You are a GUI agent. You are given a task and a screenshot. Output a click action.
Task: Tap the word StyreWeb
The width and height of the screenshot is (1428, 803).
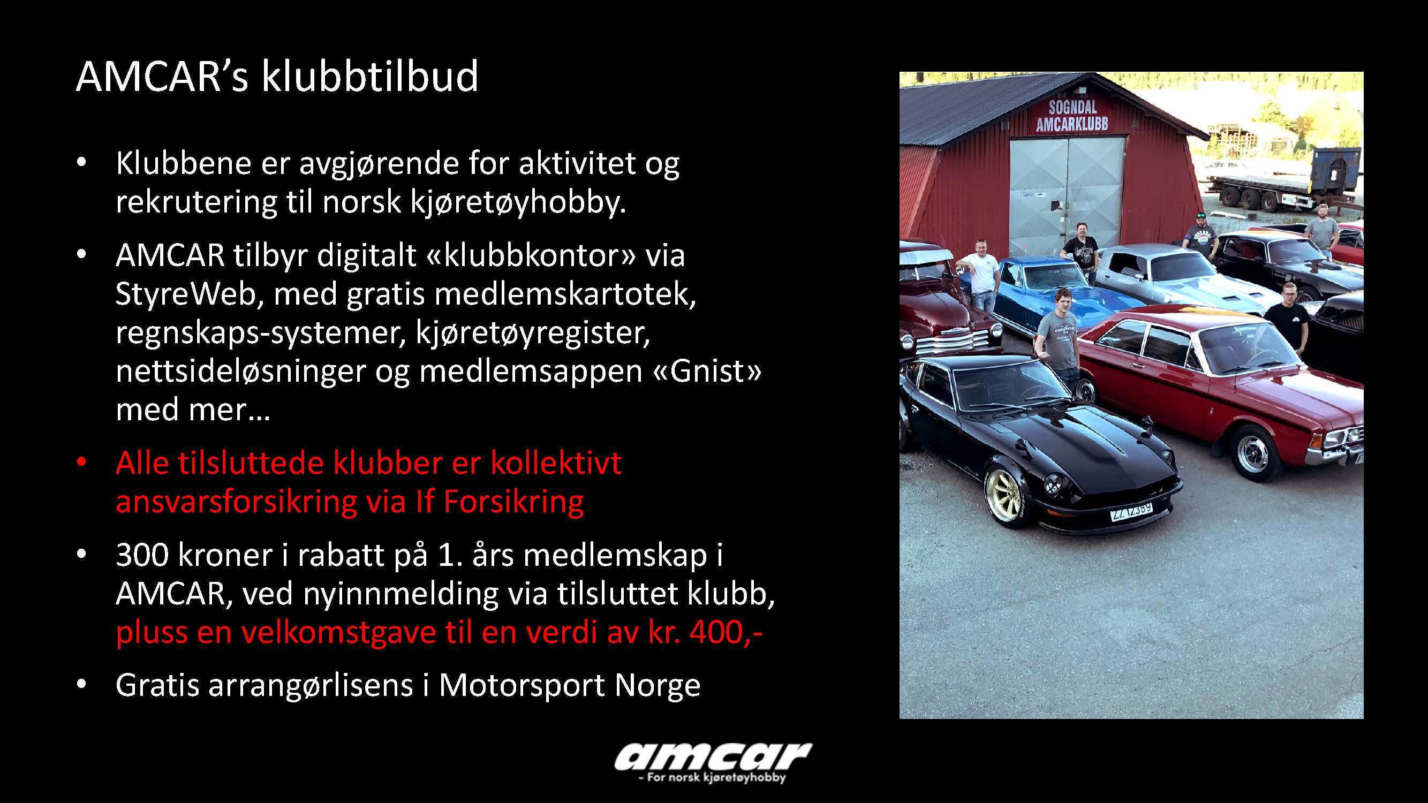186,294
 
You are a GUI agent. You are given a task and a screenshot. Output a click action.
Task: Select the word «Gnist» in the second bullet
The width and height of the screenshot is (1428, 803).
707,371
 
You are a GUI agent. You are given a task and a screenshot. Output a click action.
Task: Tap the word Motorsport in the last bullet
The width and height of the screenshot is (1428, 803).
522,686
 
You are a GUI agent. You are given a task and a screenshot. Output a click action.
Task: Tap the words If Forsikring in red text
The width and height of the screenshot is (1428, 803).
500,501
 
